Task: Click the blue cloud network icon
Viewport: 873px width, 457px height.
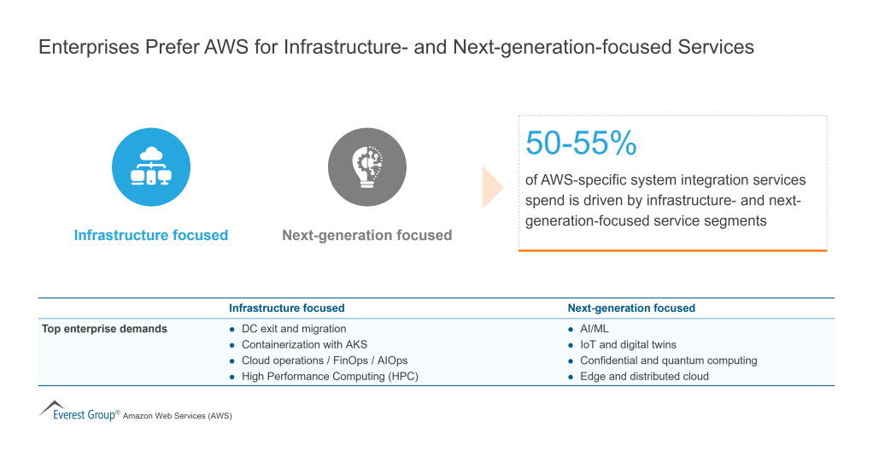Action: tap(151, 167)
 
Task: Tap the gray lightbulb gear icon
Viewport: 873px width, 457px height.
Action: tap(366, 167)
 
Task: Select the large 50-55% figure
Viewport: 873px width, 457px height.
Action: tap(581, 144)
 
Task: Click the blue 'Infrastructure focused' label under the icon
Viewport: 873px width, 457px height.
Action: tap(151, 235)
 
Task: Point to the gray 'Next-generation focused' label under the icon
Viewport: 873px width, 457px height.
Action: tap(366, 235)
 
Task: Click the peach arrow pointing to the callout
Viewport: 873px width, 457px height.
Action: tap(493, 188)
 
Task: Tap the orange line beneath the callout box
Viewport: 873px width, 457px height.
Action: tap(672, 250)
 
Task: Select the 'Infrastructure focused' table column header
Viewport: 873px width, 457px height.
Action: tap(286, 308)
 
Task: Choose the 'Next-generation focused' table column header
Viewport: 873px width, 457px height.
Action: tap(631, 308)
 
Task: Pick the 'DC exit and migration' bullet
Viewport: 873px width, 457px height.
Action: tap(293, 329)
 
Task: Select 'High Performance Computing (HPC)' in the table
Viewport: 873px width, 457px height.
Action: tap(330, 376)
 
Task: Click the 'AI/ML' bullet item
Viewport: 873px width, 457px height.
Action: tap(594, 329)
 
